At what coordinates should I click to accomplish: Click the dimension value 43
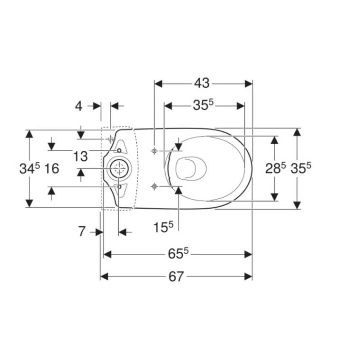pos(202,83)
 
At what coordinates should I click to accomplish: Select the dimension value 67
pos(176,276)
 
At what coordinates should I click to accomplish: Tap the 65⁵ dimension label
pos(178,253)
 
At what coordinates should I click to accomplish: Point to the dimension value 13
pos(81,156)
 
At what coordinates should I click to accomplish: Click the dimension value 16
pos(52,168)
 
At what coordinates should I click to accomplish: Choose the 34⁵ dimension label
pos(30,168)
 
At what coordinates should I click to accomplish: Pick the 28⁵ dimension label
pos(275,168)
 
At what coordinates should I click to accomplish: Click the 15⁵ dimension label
pos(163,227)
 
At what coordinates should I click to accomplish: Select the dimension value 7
pos(82,231)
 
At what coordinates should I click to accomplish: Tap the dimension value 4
pos(79,106)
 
